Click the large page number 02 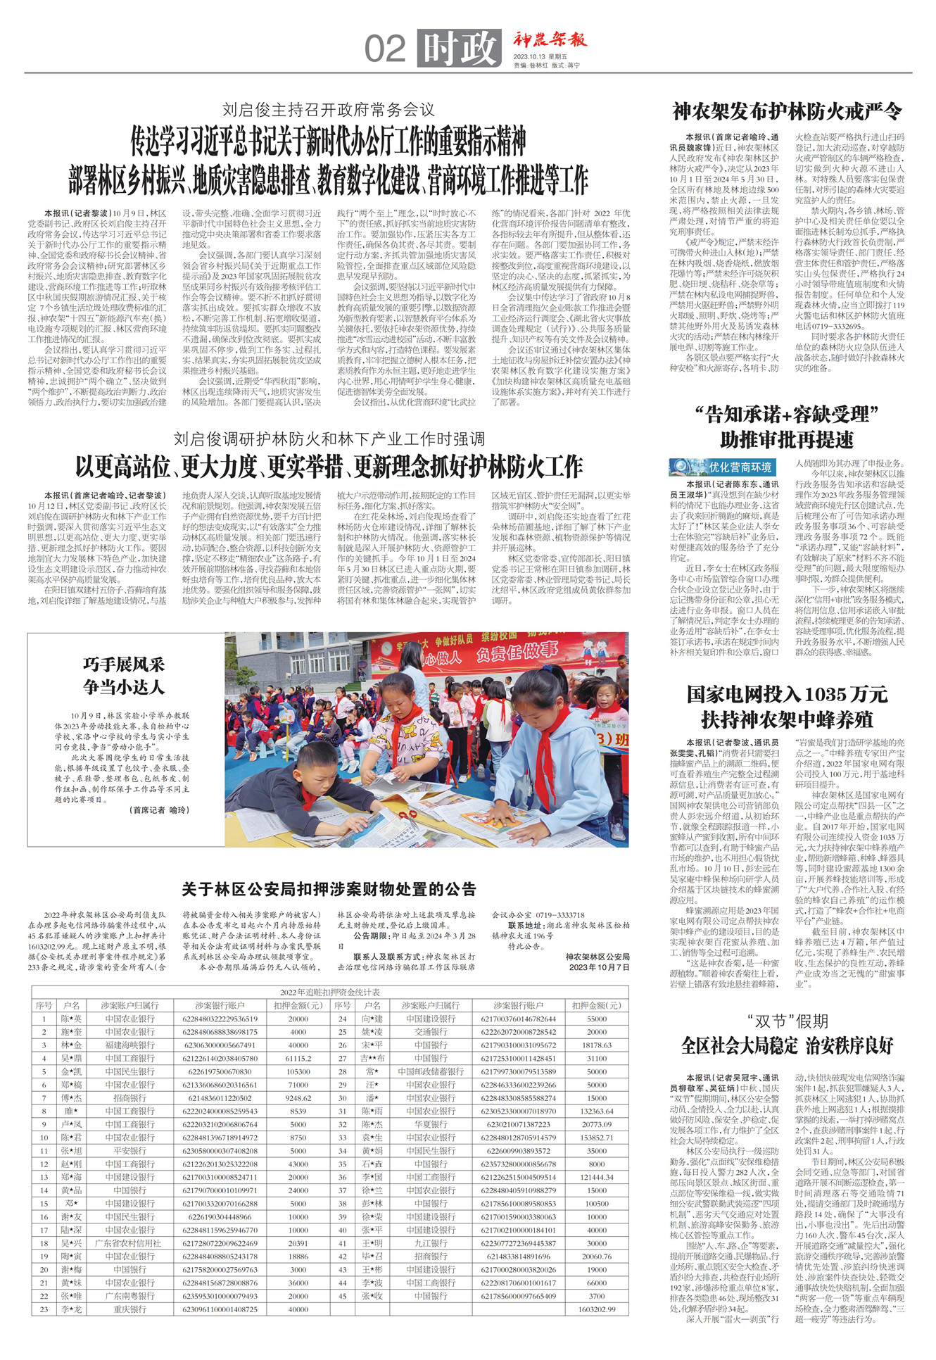[385, 49]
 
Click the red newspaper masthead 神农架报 [549, 40]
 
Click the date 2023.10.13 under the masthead [531, 56]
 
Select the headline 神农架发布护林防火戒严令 [787, 111]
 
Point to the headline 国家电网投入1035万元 [787, 694]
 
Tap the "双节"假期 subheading [787, 1021]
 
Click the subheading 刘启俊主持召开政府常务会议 [329, 110]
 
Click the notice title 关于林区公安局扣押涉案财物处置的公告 [329, 889]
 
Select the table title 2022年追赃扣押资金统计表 [329, 993]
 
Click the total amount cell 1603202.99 [597, 1309]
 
